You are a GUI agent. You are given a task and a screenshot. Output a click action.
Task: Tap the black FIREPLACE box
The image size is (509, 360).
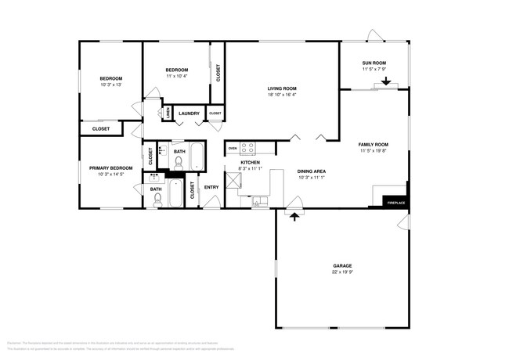pos(396,203)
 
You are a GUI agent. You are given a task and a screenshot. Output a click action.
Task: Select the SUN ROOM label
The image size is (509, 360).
pos(374,63)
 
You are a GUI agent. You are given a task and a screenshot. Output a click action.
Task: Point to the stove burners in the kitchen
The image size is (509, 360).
pos(247,147)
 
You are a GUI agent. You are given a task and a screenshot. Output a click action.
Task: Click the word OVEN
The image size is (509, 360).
pos(233,147)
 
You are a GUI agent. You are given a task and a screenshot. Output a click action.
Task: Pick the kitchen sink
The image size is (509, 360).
pos(257,203)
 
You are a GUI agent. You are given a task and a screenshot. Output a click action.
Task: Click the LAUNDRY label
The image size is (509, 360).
pos(189,113)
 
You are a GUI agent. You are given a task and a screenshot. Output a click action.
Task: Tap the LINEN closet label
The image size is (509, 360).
pos(167,113)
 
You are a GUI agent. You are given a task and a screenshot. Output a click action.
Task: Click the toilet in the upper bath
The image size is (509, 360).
pos(179,164)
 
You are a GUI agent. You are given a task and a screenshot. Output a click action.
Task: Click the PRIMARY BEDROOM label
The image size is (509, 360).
pos(110,168)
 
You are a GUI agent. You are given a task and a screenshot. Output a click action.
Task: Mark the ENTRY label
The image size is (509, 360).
pos(211,187)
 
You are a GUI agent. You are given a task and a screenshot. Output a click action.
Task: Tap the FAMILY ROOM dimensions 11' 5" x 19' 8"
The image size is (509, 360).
pos(374,152)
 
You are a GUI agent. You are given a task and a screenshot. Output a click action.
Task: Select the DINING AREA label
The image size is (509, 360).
pos(311,171)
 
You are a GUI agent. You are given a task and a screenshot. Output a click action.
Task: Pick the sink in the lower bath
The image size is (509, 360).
pos(154,178)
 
